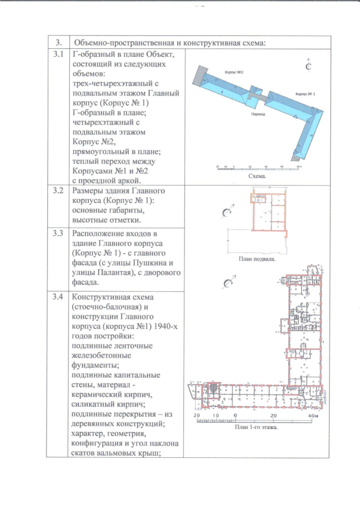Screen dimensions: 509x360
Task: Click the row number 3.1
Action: pos(58,55)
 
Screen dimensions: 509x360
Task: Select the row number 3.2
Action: pos(58,191)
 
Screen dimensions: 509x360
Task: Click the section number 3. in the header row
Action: pos(58,43)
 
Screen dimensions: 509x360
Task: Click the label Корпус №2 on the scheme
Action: pos(233,73)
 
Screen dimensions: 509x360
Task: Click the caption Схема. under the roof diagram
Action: pos(256,176)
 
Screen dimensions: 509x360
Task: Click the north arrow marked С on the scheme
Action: pos(308,66)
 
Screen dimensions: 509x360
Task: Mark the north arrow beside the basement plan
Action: pos(228,213)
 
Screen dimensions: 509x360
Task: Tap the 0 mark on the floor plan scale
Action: pos(235,416)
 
